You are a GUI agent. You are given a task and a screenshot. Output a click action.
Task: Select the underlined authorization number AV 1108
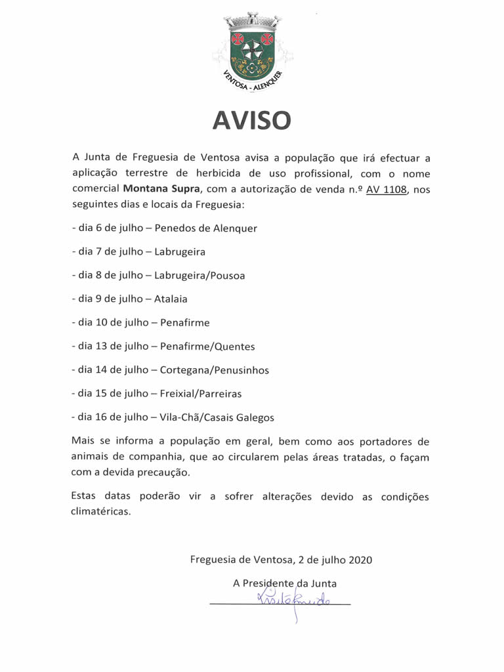[x=387, y=190]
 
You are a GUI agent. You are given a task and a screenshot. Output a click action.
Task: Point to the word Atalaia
[x=171, y=299]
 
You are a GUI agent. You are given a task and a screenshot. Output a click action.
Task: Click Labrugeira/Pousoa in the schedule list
[x=199, y=276]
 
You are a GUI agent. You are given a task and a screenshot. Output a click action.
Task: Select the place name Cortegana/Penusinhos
[x=214, y=369]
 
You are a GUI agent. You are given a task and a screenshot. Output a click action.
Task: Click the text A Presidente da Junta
[x=284, y=583]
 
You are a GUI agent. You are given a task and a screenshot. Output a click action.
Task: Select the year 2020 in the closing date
[x=360, y=560]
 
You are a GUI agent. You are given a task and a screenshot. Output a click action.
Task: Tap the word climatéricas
[x=101, y=512]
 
